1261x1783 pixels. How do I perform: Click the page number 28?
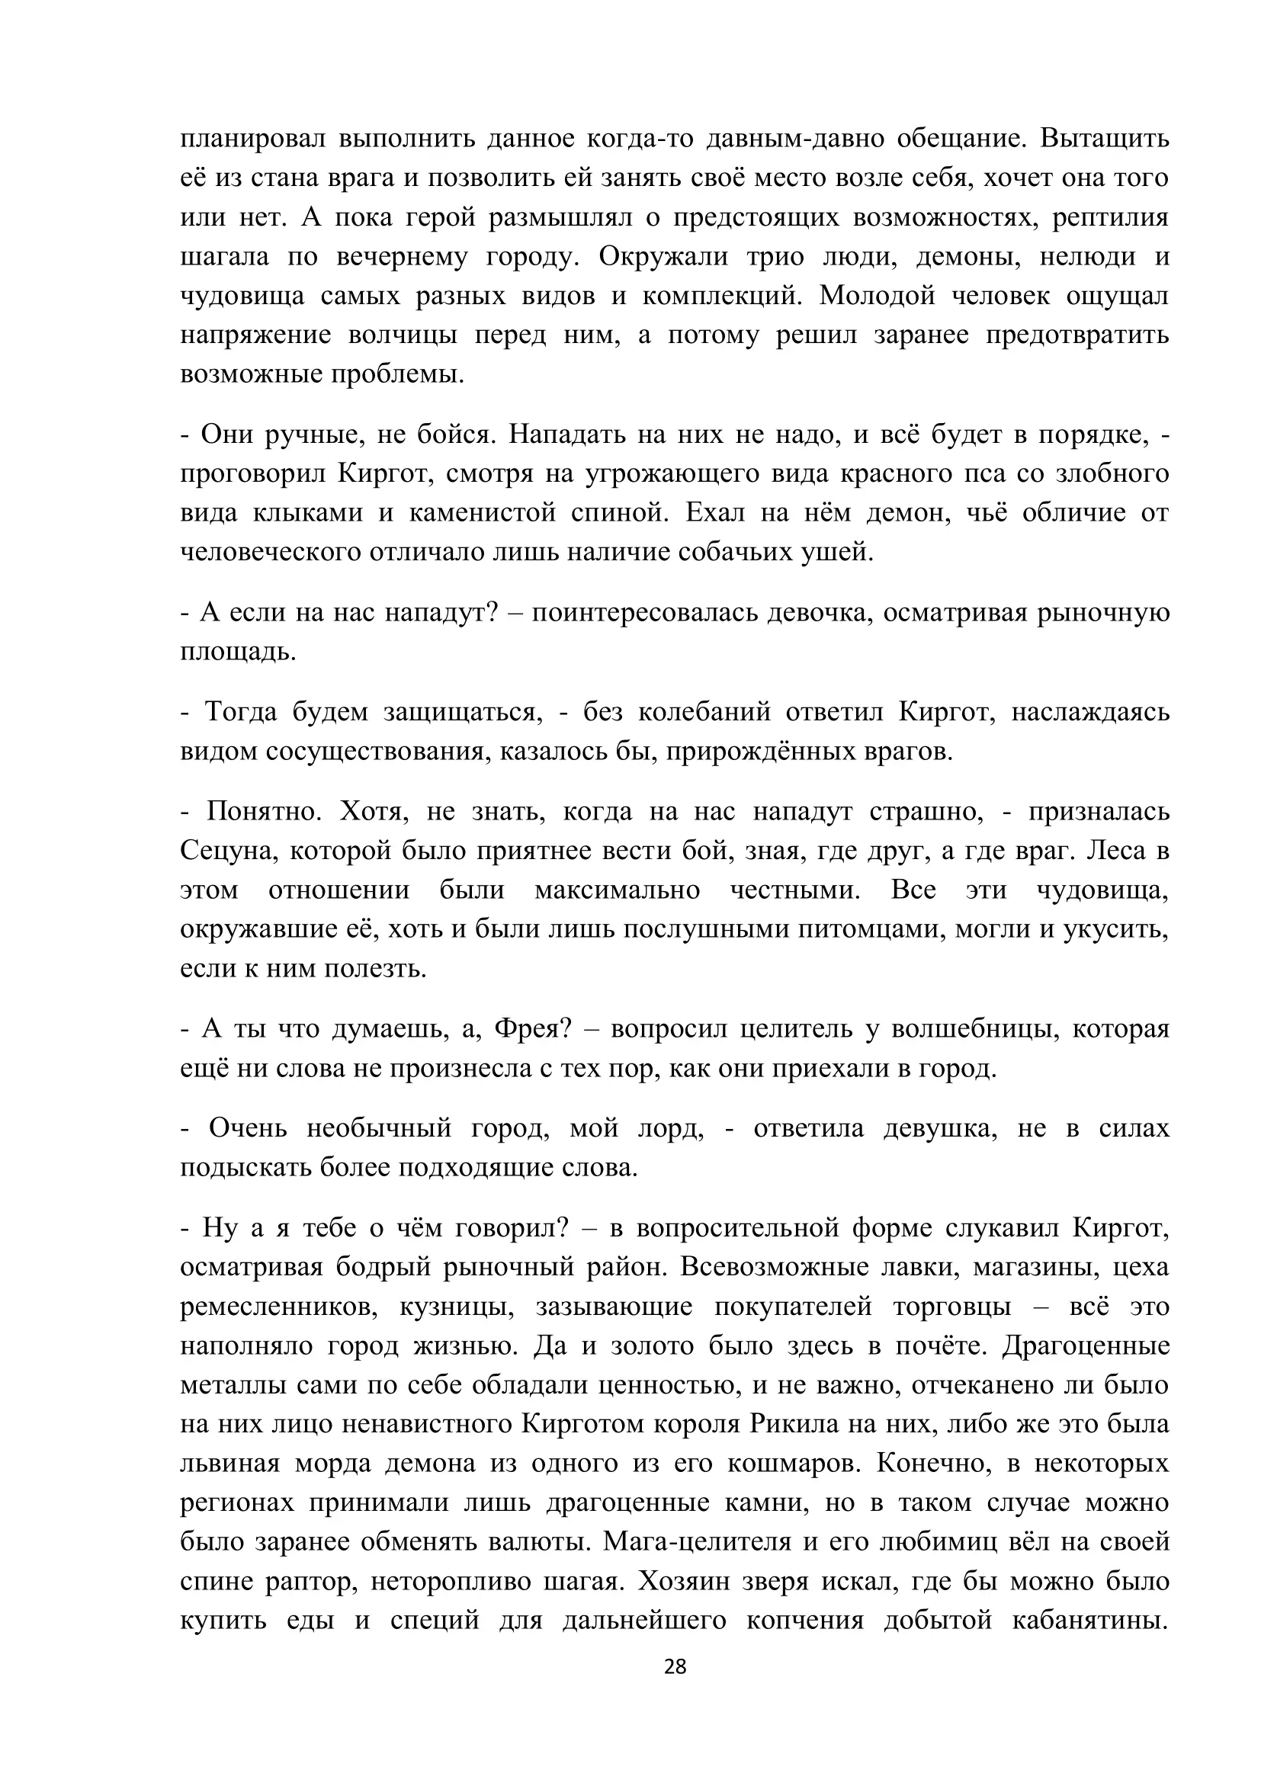675,1666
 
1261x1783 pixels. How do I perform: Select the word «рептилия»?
1110,217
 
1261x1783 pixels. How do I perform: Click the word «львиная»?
229,1463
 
